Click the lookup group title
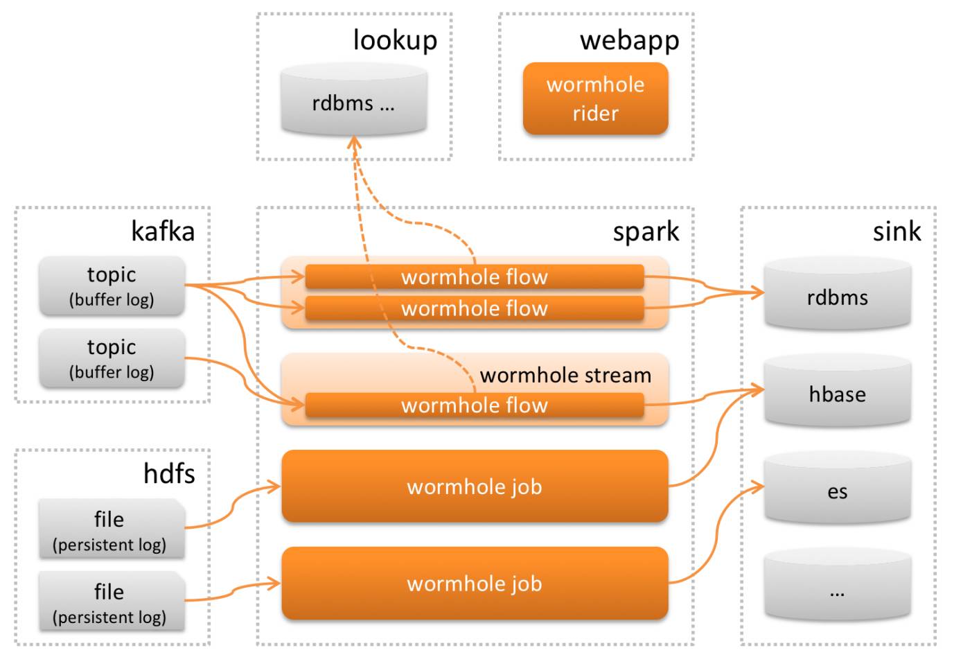tap(395, 40)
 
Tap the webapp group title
tap(629, 40)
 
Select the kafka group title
tap(163, 231)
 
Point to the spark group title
tap(646, 231)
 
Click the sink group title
tap(896, 231)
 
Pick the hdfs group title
tap(169, 473)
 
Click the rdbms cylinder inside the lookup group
tap(353, 100)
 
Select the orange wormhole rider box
tap(595, 98)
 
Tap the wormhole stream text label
tap(565, 375)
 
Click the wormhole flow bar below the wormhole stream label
tap(475, 405)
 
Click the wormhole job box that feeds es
tap(475, 584)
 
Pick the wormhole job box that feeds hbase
tap(475, 487)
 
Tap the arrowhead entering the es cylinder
tap(759, 487)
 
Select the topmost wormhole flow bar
tap(475, 277)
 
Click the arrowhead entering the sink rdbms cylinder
tap(759, 293)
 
